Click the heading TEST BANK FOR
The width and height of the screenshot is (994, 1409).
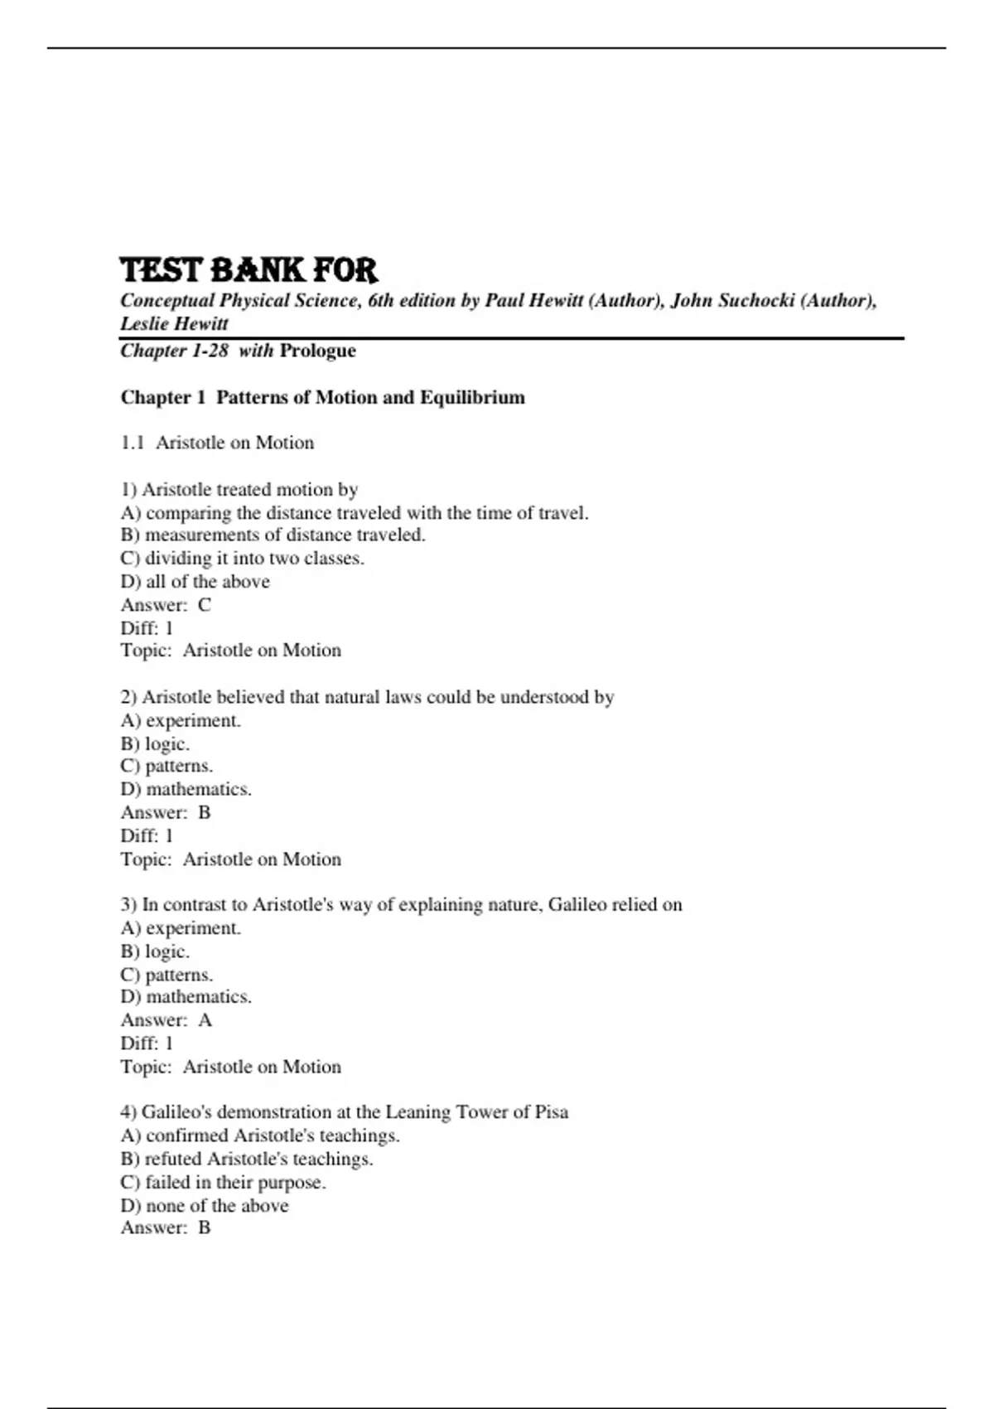[248, 270]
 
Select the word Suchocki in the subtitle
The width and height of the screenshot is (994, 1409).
[756, 300]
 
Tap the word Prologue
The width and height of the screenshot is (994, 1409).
[317, 351]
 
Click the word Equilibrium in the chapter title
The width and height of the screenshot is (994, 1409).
[472, 397]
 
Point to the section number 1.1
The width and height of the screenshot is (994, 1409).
[133, 443]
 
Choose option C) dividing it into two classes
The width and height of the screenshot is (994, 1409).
[242, 558]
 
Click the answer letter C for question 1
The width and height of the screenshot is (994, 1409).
[205, 605]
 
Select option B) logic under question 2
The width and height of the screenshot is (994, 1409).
[155, 743]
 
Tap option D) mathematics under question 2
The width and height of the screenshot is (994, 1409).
[186, 789]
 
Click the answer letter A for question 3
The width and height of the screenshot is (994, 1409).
[205, 1020]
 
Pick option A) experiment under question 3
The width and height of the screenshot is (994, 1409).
[181, 928]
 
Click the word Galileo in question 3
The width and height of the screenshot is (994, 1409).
[577, 904]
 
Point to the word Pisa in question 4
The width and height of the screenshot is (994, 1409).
[551, 1112]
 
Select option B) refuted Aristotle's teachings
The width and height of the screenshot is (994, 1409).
[247, 1159]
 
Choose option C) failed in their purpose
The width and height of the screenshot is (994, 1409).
[223, 1182]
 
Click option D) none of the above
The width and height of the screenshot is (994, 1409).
[205, 1205]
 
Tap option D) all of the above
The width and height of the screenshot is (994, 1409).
[195, 581]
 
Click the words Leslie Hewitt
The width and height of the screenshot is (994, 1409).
[174, 323]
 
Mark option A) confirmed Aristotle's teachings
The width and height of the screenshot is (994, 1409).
[260, 1135]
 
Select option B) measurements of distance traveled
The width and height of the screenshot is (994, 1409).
[273, 535]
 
